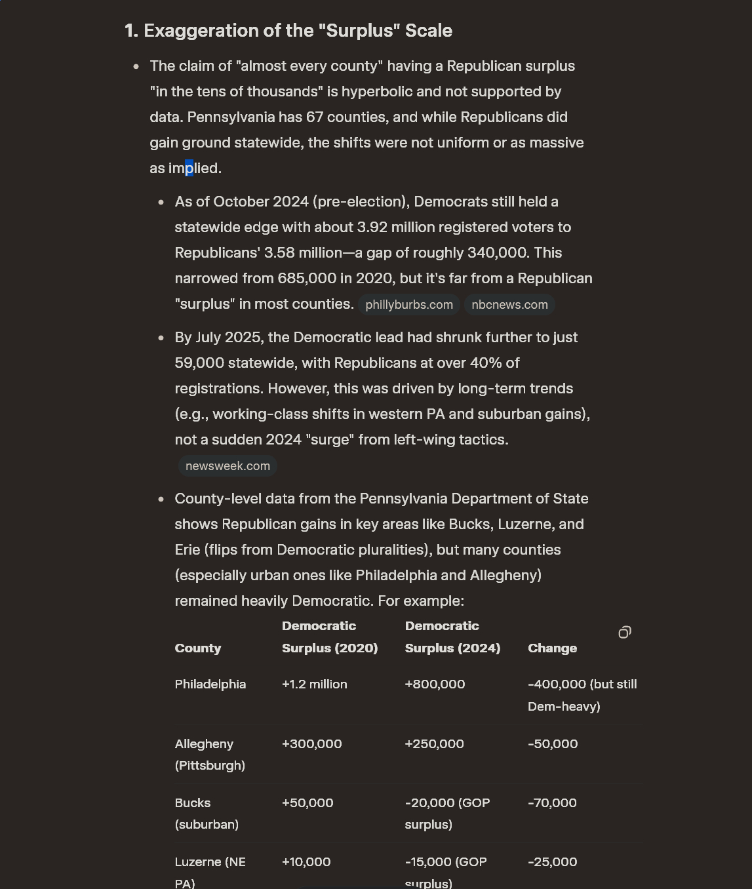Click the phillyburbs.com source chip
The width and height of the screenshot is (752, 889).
coord(409,305)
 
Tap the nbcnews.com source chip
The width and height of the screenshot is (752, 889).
coord(509,305)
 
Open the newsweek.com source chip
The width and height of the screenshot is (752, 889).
coord(228,466)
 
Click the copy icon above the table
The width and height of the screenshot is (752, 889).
coord(625,632)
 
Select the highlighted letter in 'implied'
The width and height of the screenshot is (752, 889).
coord(189,168)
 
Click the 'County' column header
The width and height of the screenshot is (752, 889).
coord(198,648)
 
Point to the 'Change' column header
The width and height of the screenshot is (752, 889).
coord(552,648)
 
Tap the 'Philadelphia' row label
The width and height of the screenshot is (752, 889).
coord(210,684)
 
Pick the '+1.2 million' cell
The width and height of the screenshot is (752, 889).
coord(315,684)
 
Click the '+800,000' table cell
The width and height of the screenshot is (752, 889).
coord(435,684)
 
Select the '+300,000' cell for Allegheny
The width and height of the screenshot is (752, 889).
coord(311,744)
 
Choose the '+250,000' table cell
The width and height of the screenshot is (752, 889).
coord(434,744)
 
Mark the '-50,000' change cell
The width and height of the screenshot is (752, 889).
coord(553,744)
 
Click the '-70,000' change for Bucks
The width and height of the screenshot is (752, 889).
coord(552,803)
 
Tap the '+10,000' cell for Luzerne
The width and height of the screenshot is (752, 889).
coord(306,862)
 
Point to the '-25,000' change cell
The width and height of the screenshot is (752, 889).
coord(552,862)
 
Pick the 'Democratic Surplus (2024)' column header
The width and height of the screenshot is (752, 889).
coord(452,637)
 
